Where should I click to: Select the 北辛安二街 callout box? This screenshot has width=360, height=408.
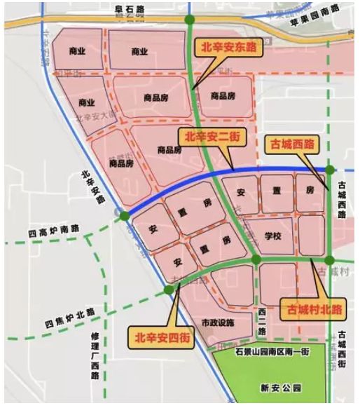coord(211,137)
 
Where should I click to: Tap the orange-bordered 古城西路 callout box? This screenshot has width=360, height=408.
coord(290,146)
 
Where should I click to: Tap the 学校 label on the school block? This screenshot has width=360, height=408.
coord(272,237)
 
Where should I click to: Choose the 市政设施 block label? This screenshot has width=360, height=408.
coord(216,323)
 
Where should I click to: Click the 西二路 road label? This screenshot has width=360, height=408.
coord(262,321)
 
